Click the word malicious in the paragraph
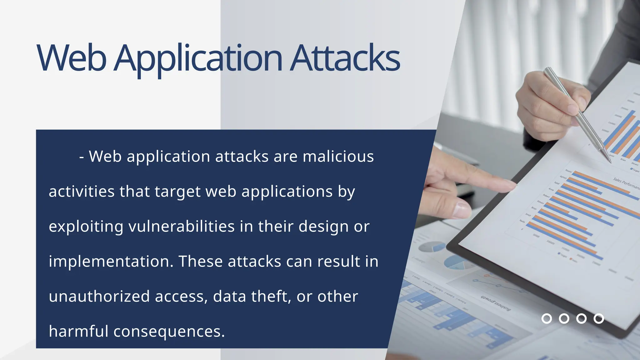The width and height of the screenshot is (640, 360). pos(338,156)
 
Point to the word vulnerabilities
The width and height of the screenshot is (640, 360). pos(181,226)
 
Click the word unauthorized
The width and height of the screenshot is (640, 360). pos(99,296)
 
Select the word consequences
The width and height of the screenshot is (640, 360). pos(169,331)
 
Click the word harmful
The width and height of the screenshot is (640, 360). pos(78,331)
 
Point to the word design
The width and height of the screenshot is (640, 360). pos(323,226)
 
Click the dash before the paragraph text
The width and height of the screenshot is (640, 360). pos(82,157)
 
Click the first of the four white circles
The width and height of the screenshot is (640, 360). pos(547,318)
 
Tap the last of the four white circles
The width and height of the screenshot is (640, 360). pos(599,318)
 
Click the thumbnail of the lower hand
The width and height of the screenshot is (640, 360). pos(462,209)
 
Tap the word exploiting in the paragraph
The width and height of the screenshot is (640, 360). pos(86,226)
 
